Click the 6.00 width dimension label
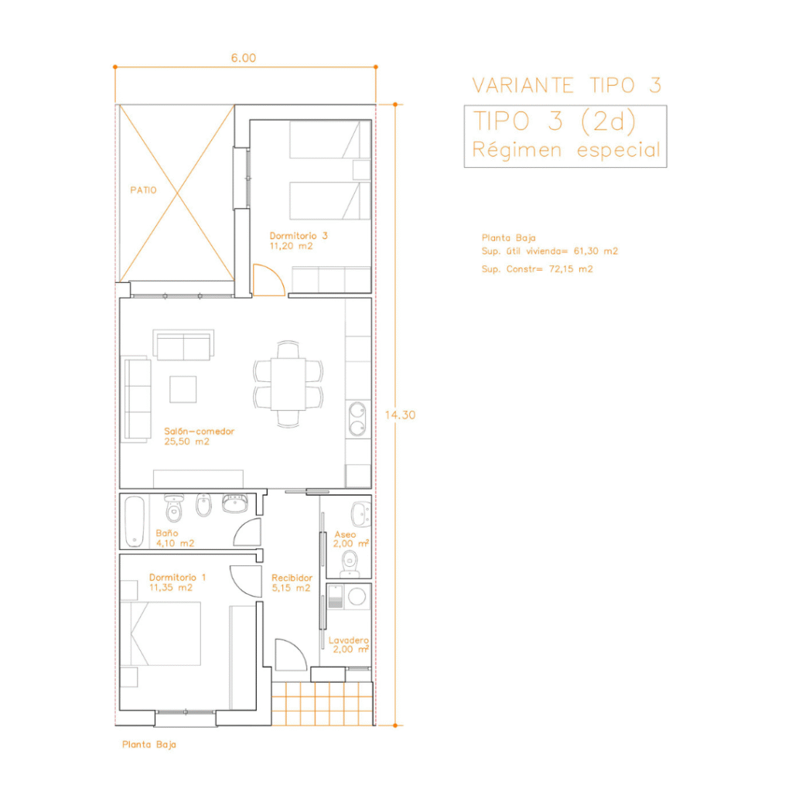coord(244,58)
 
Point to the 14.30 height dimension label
coord(400,415)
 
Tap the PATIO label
coord(143,190)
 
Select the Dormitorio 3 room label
coord(299,236)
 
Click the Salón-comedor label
coord(199,432)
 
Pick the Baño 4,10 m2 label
coord(175,538)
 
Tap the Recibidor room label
coord(292,578)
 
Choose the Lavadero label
coord(349,640)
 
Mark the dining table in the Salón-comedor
coord(288,384)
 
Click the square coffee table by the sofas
coord(183,390)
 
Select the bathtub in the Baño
coord(135,522)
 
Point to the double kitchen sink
coord(357,418)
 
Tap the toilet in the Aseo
coord(350,564)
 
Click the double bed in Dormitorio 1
coord(166,633)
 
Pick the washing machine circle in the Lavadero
coord(357,596)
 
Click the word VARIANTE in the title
coord(523,85)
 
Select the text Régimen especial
coord(566,150)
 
